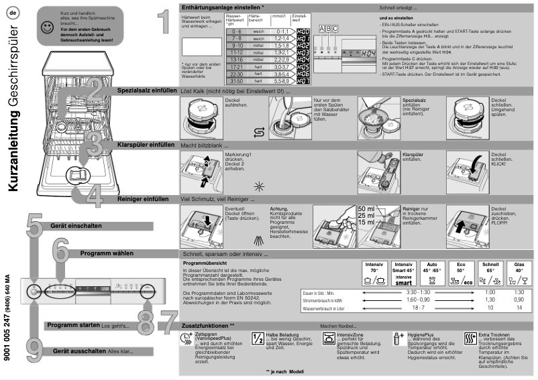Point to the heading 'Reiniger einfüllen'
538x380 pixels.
pyautogui.click(x=143, y=199)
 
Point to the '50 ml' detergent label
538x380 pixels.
pyautogui.click(x=367, y=209)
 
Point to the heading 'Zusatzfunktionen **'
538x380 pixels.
pyautogui.click(x=208, y=325)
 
